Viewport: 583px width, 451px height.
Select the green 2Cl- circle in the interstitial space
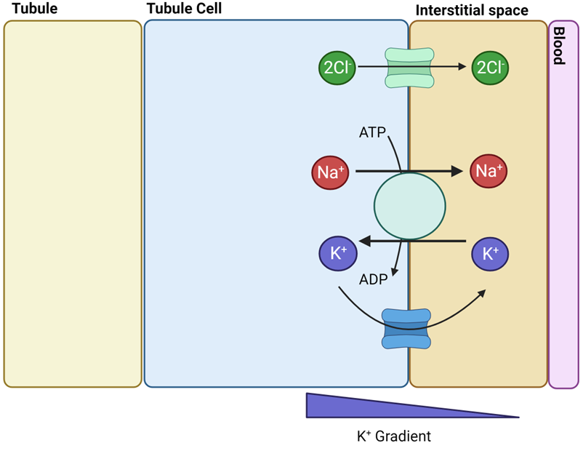pyautogui.click(x=489, y=67)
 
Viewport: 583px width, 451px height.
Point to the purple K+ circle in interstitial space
pyautogui.click(x=490, y=254)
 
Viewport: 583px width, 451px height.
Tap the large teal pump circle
pyautogui.click(x=409, y=206)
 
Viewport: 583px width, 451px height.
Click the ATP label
pyautogui.click(x=372, y=132)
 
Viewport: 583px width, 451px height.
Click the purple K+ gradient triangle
pyautogui.click(x=363, y=408)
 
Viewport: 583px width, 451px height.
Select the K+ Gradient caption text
pyautogui.click(x=393, y=436)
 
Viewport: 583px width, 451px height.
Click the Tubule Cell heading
pyautogui.click(x=184, y=9)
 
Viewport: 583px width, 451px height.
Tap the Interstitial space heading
pyautogui.click(x=471, y=11)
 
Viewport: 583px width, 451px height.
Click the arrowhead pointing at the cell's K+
pyautogui.click(x=366, y=240)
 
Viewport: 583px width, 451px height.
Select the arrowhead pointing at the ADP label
pyautogui.click(x=393, y=271)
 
